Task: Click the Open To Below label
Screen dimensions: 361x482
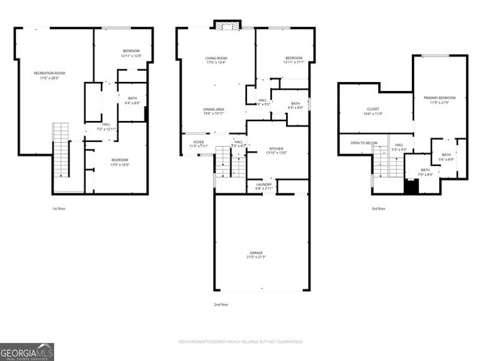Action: point(364,142)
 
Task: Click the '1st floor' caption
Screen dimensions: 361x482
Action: point(59,208)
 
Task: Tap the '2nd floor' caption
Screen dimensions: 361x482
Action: point(220,305)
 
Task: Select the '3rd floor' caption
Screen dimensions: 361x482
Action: point(378,208)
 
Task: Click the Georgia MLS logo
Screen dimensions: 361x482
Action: point(27,351)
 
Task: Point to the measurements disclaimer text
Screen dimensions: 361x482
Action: point(240,341)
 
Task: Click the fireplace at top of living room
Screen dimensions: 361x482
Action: point(225,26)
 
